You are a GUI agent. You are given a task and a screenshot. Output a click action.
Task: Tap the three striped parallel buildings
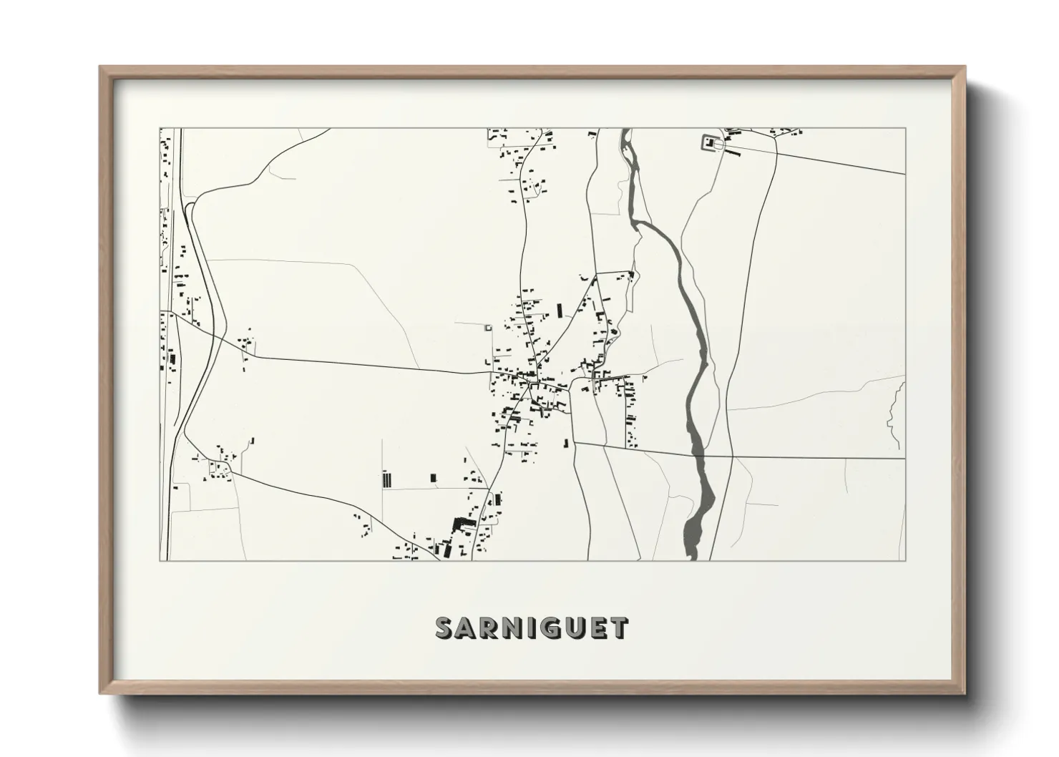click(387, 479)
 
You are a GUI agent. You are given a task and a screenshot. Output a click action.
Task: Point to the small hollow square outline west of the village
click(489, 328)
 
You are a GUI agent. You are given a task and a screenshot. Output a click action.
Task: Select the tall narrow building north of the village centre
click(560, 310)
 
